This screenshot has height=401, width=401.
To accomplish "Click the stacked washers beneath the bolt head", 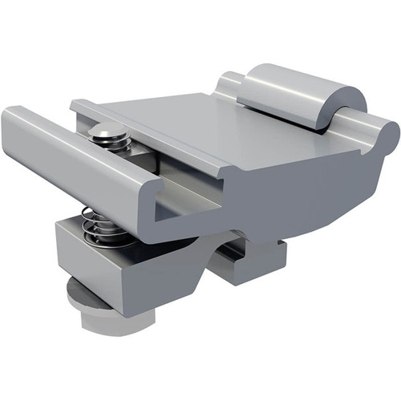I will [109, 145].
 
